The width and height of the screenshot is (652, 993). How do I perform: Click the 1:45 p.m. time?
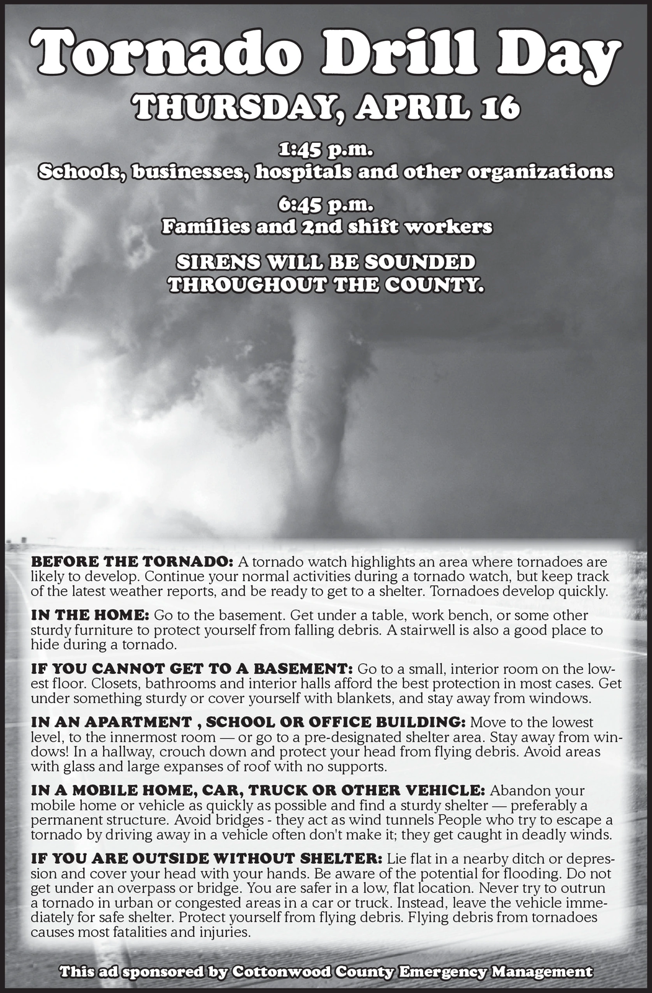(326, 150)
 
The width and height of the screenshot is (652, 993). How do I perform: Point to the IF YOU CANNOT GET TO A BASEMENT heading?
(192, 669)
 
